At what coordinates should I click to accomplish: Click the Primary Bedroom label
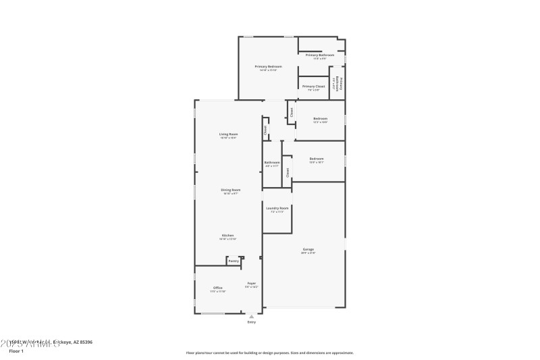click(x=268, y=66)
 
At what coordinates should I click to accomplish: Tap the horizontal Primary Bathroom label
click(x=321, y=55)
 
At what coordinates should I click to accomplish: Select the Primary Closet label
click(x=314, y=86)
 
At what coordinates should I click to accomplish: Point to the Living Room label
click(x=228, y=134)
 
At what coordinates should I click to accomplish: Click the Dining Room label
click(x=230, y=190)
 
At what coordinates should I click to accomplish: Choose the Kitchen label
click(x=227, y=235)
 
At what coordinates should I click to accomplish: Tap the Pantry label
click(x=233, y=261)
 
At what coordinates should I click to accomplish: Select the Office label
click(x=218, y=288)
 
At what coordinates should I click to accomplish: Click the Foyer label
click(x=251, y=283)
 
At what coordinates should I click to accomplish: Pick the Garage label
click(x=308, y=249)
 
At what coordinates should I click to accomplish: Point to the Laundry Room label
click(x=277, y=208)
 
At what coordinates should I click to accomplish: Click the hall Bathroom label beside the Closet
click(x=272, y=162)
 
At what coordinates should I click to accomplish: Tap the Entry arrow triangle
click(x=252, y=315)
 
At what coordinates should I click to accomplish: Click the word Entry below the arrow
click(x=252, y=322)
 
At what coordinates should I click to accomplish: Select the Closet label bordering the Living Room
click(x=265, y=129)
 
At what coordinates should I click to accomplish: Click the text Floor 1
click(x=16, y=351)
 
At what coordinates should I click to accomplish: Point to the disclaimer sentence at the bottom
click(x=269, y=353)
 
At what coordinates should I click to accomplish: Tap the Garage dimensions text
click(x=308, y=253)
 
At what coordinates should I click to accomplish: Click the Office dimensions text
click(x=218, y=292)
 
